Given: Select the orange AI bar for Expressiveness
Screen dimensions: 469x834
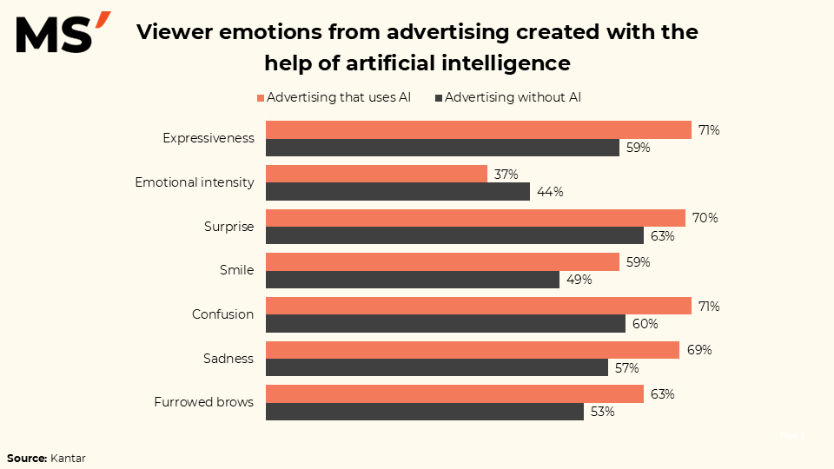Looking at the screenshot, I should click(x=479, y=129).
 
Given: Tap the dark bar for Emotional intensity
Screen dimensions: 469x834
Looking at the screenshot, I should click(x=397, y=191).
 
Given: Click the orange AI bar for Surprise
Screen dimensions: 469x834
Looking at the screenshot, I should click(x=475, y=218).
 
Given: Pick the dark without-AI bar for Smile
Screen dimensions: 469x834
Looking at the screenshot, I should click(x=412, y=280).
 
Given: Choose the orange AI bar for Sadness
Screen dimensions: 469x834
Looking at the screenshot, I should click(x=472, y=350).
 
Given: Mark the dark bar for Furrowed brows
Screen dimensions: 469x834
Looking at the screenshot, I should click(x=424, y=412).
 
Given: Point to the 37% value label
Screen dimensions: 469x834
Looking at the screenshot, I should click(x=506, y=175).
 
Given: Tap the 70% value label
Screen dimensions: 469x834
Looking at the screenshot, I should click(x=705, y=218).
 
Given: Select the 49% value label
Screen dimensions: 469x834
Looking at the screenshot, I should click(x=579, y=280).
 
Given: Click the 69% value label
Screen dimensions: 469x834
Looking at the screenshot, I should click(x=699, y=350).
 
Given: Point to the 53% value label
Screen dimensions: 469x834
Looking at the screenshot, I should click(x=602, y=412).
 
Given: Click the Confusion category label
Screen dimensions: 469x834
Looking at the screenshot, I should click(x=222, y=314).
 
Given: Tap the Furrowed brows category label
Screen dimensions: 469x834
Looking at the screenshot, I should click(x=204, y=402).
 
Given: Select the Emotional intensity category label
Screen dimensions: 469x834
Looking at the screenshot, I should click(x=195, y=182).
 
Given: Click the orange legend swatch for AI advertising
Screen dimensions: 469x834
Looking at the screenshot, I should click(x=261, y=98).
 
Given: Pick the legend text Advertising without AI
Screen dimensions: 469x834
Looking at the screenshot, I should click(x=513, y=97).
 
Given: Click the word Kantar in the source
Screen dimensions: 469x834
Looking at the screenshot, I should click(x=68, y=457).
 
